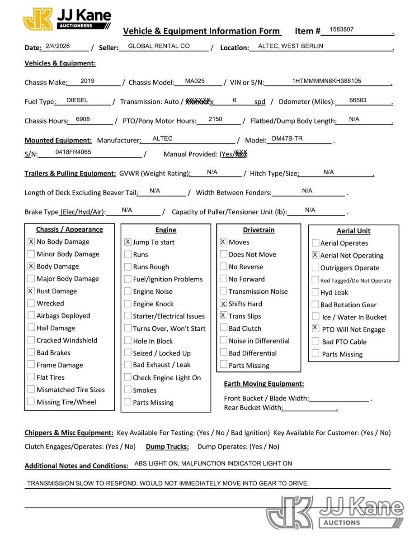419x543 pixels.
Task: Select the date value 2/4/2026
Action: click(x=55, y=46)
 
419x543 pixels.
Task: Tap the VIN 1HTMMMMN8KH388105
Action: click(x=326, y=81)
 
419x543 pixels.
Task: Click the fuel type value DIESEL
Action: click(x=77, y=100)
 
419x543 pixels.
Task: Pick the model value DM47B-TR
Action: click(x=287, y=139)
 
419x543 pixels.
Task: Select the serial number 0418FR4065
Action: click(x=73, y=152)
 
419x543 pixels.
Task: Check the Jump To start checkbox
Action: click(x=128, y=242)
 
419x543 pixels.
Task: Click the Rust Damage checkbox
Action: click(x=31, y=291)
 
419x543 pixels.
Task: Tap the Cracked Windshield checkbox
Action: click(x=31, y=340)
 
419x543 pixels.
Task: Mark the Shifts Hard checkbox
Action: click(x=223, y=304)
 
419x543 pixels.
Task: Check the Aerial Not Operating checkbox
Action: click(x=315, y=255)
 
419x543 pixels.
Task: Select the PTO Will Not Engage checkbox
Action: click(x=315, y=328)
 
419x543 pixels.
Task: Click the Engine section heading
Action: click(x=165, y=230)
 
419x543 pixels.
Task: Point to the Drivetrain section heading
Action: click(x=259, y=230)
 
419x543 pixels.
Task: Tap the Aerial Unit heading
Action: click(x=353, y=231)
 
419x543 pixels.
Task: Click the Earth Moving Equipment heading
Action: click(x=264, y=384)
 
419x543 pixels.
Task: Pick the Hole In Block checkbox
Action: click(x=128, y=341)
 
